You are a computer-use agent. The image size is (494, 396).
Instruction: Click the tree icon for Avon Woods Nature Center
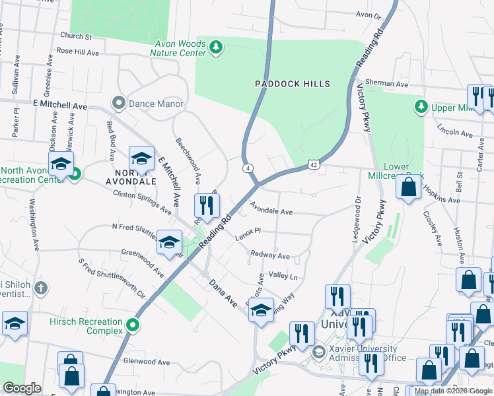coord(216,47)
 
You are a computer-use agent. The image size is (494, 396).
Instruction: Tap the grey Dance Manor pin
coord(119,103)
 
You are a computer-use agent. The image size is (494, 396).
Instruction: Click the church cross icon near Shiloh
coord(40,288)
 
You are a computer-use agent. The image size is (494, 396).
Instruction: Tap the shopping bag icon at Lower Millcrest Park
coord(409,187)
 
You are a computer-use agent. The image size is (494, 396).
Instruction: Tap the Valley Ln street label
coord(283,277)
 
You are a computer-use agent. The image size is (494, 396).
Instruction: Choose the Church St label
coord(75,36)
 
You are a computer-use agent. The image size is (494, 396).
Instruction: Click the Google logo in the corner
coord(22,388)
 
